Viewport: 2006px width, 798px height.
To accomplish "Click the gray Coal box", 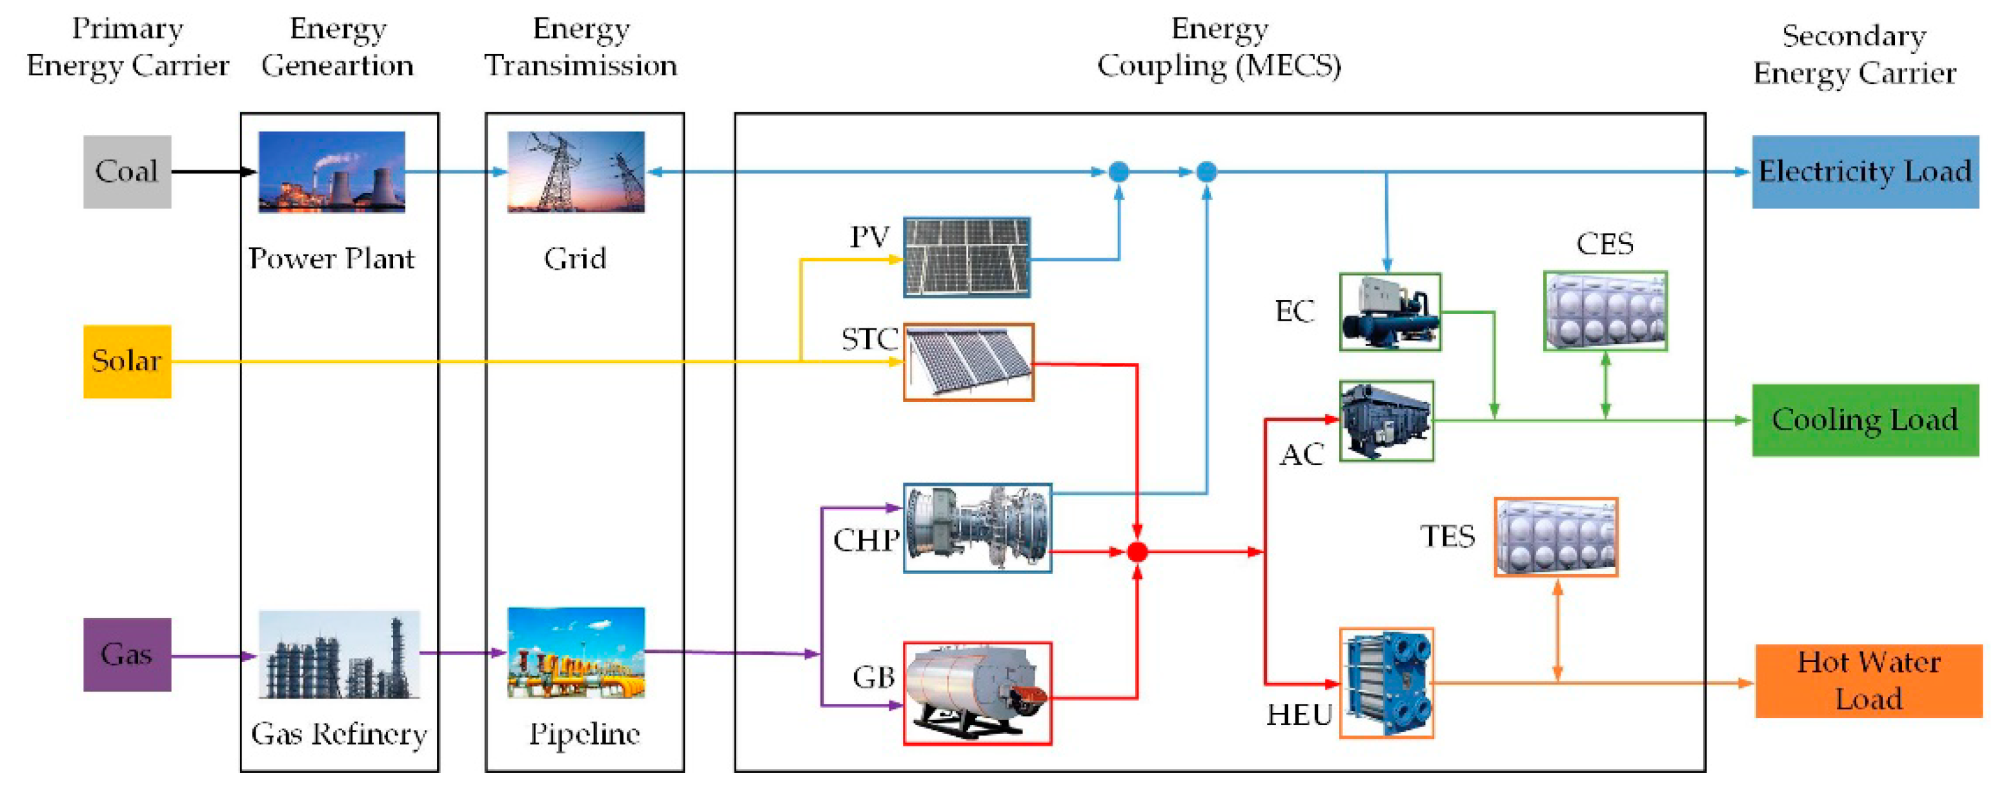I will [127, 172].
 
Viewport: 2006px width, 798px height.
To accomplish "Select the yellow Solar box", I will [127, 361].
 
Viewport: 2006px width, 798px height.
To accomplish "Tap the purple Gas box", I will [127, 654].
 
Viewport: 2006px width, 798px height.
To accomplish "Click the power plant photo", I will [331, 172].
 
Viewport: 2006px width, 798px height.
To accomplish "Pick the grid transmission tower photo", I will [576, 172].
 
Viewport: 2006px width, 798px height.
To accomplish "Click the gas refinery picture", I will [339, 654].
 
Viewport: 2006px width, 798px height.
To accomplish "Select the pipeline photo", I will [576, 652].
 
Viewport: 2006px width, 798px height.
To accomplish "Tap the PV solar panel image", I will [966, 257].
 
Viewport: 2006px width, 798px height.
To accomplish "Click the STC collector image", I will [968, 362].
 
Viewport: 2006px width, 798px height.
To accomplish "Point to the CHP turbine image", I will [977, 528].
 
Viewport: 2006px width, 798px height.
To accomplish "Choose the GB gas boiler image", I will [977, 693].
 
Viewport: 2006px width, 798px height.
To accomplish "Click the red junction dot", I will [1137, 552].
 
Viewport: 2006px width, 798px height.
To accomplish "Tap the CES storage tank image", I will [1605, 311].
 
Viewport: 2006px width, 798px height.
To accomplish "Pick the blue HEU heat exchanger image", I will [1386, 683].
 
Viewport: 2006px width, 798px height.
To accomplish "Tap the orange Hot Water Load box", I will [1867, 681].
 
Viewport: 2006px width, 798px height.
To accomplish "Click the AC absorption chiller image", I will [1386, 421].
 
